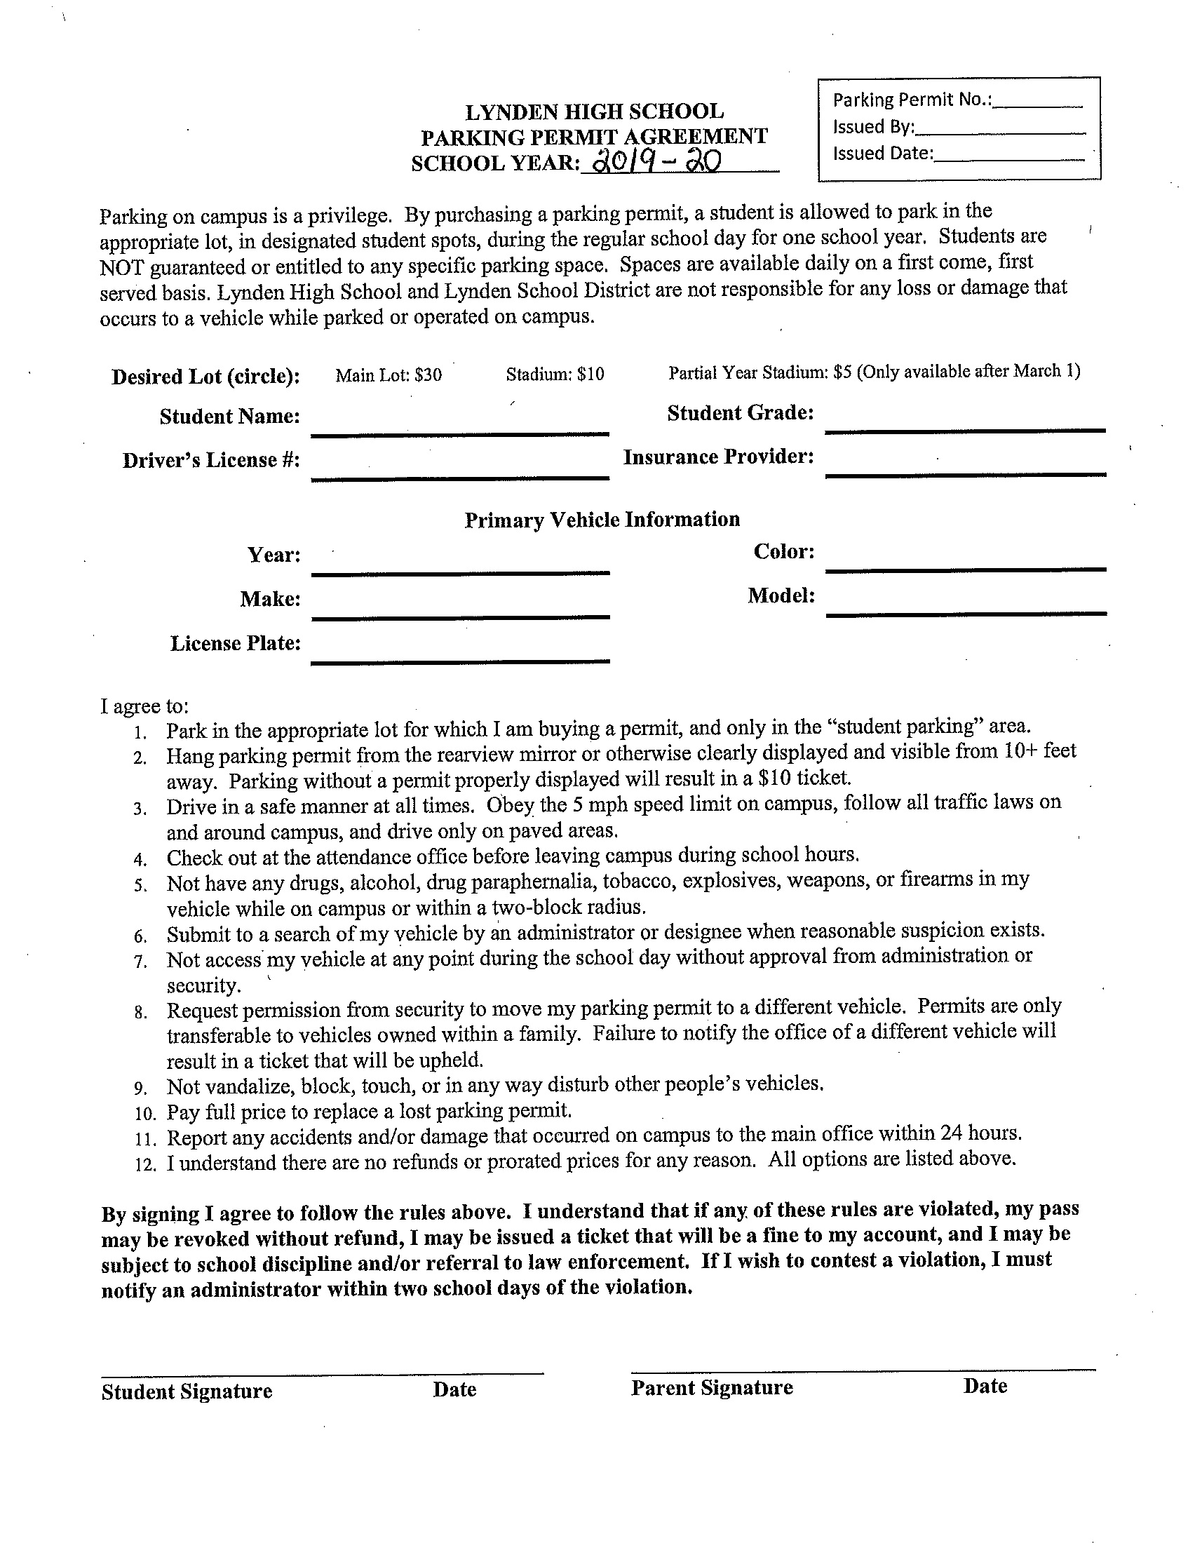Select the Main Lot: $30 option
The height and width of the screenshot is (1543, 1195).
point(389,375)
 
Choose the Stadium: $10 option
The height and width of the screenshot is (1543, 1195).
point(555,374)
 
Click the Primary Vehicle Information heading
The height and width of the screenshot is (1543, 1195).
point(602,520)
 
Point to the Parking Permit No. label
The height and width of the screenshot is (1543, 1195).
point(912,100)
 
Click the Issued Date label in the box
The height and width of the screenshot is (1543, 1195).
point(883,154)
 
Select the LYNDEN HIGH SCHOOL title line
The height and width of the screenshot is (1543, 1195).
point(594,112)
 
